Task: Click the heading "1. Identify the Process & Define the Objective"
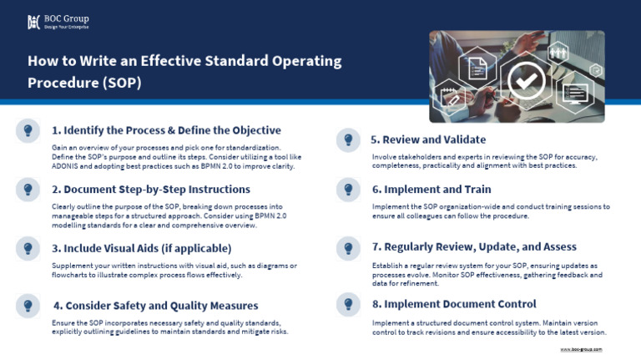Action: click(166, 130)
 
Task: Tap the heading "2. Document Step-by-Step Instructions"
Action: click(151, 190)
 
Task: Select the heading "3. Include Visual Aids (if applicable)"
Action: click(142, 248)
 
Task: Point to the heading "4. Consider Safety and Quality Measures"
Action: click(156, 306)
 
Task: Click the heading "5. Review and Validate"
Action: click(428, 139)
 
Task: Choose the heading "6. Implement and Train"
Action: click(432, 190)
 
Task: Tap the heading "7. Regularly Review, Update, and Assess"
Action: click(474, 247)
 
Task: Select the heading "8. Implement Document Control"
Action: click(454, 304)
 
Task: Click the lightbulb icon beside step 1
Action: click(28, 130)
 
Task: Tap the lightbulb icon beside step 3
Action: click(28, 248)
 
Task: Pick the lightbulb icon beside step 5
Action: click(349, 139)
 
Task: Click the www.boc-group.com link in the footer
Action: click(581, 349)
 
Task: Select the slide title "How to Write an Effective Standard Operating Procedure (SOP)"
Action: click(184, 73)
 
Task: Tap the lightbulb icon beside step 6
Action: click(349, 190)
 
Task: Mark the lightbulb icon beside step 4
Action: click(28, 306)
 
